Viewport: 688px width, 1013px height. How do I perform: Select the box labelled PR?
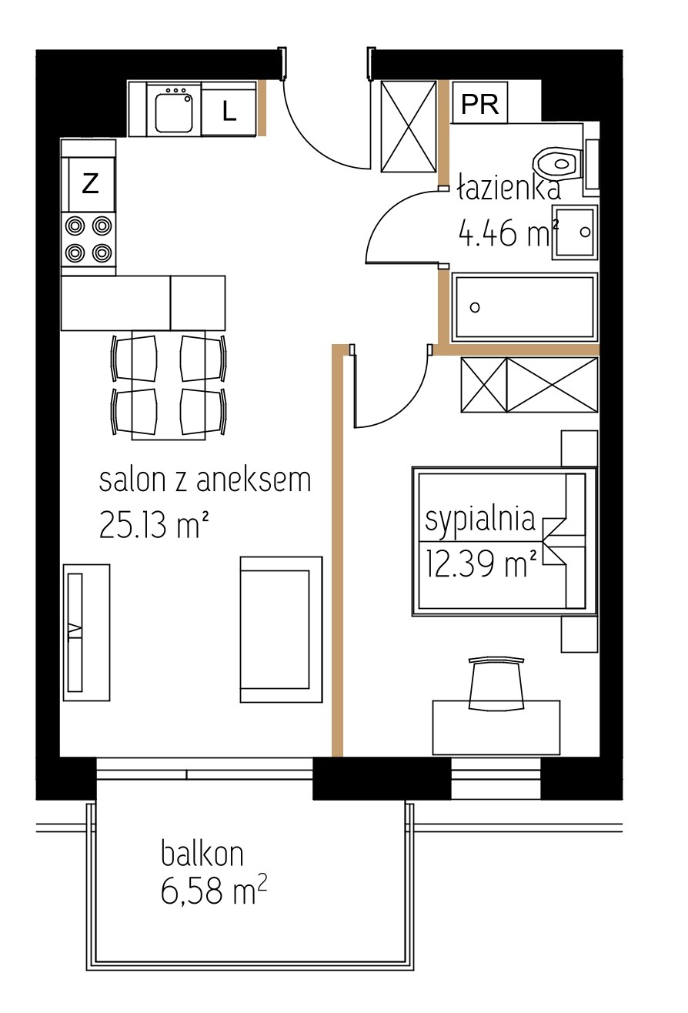pos(479,102)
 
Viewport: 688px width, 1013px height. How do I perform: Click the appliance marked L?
pos(229,109)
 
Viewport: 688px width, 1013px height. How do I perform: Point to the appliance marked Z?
pos(89,184)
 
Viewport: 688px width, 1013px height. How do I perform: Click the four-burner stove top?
pos(89,239)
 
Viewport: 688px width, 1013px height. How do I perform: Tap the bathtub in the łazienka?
pos(524,307)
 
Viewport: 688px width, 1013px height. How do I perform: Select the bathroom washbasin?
pos(575,232)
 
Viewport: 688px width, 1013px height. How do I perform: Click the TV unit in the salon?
pos(86,632)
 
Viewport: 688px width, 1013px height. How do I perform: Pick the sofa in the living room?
pos(281,629)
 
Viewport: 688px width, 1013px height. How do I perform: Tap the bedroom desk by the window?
pos(496,727)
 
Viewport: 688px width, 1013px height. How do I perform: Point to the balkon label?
pos(202,854)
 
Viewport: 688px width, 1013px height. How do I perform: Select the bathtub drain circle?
pos(475,308)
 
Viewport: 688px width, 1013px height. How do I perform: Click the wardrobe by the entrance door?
pos(409,126)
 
